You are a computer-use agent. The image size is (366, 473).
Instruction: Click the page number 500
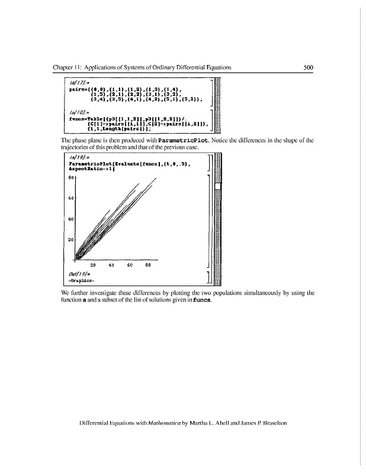[307, 67]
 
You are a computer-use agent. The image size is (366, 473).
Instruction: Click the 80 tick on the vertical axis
[71, 177]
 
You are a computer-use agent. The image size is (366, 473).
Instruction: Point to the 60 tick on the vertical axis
[71, 197]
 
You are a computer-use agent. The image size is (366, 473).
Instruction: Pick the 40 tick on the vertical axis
[71, 219]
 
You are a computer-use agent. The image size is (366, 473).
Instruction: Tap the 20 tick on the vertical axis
[71, 239]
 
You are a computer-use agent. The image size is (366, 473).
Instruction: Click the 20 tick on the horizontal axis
[94, 265]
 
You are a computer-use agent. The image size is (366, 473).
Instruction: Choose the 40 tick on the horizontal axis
[111, 265]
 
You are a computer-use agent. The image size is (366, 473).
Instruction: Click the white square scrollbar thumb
[217, 187]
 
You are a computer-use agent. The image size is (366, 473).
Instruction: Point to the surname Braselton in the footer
[270, 423]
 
